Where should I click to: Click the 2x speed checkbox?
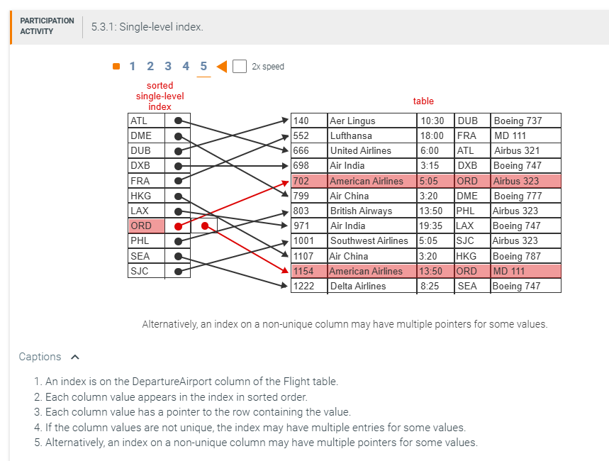tap(239, 66)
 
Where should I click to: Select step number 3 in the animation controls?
tap(168, 66)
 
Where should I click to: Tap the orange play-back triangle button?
tap(222, 66)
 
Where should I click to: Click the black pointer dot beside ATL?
tap(178, 121)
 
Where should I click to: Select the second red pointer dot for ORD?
tap(205, 226)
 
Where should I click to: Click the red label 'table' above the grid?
tap(423, 101)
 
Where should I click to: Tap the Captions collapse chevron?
tap(75, 357)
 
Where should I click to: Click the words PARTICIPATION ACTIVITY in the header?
tap(47, 26)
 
